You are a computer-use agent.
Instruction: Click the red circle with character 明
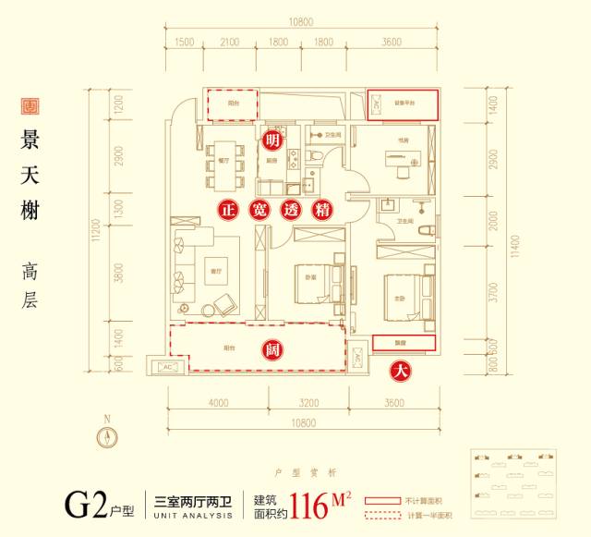(271, 140)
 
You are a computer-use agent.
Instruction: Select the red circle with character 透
(292, 210)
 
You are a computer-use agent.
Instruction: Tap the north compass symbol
(108, 439)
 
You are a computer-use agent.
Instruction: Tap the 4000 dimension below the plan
(218, 403)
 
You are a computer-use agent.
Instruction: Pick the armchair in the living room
(223, 307)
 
